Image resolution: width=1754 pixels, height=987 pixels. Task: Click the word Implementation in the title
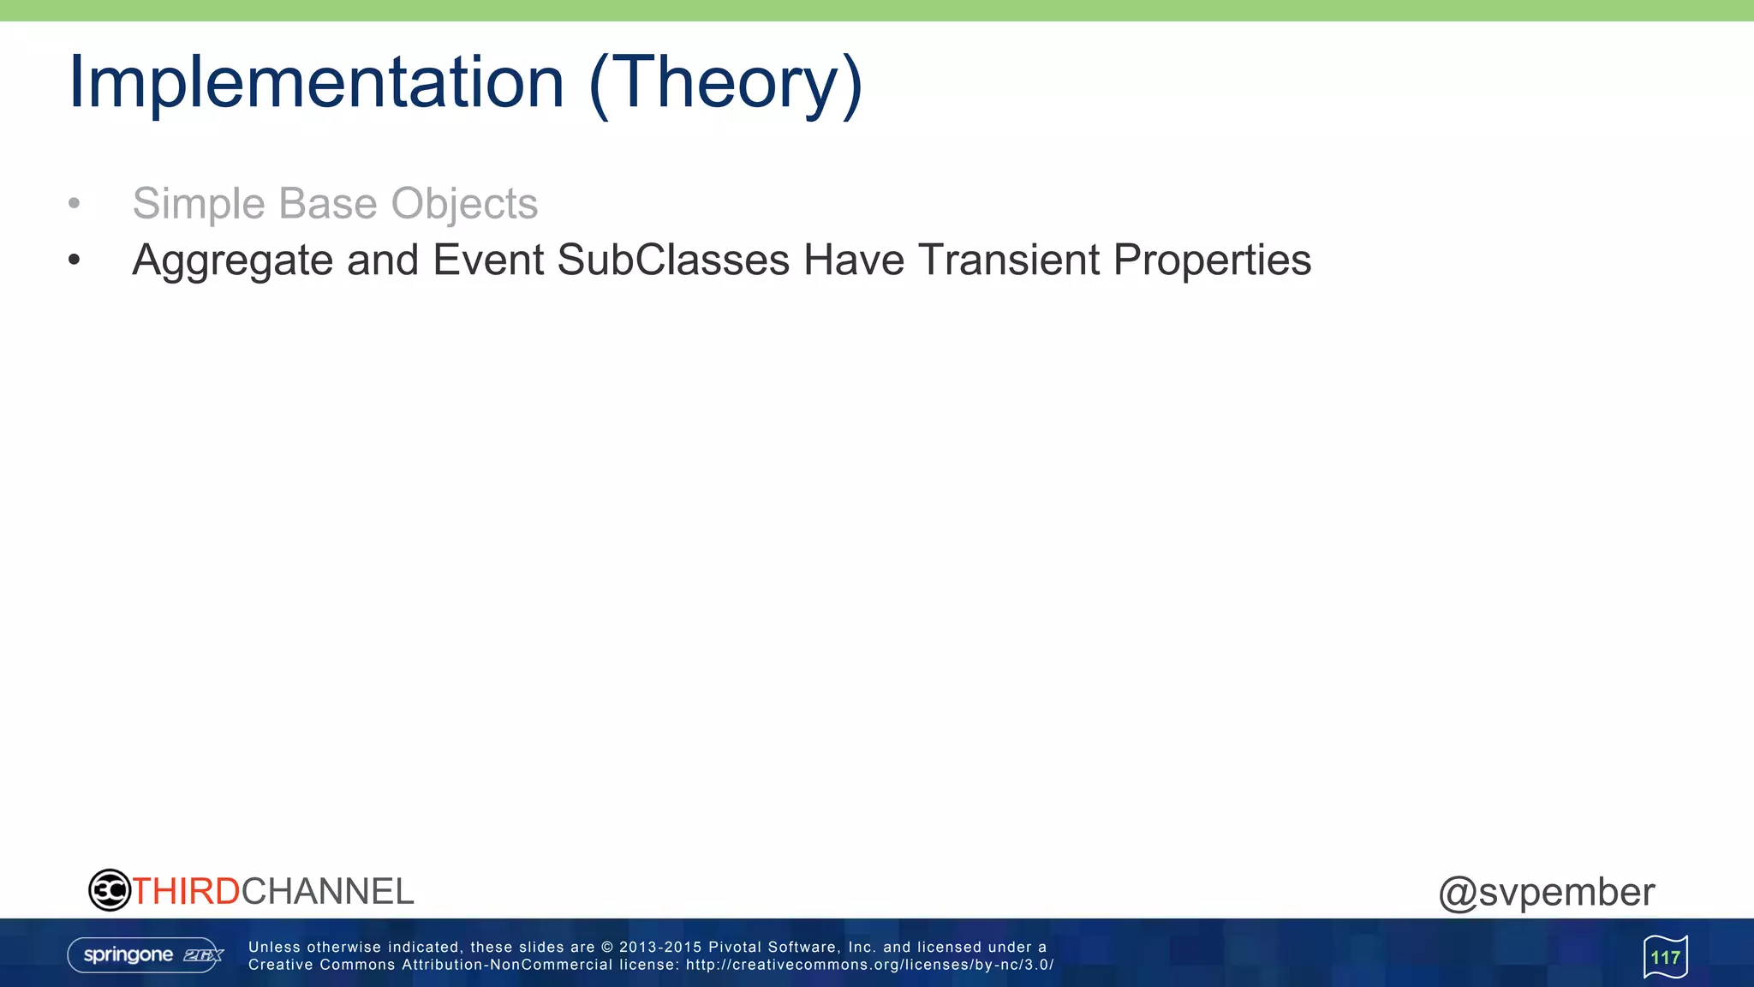click(x=316, y=82)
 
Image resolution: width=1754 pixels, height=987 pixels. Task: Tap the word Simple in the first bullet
click(x=200, y=204)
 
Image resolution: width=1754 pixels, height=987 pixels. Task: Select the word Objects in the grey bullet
click(x=464, y=204)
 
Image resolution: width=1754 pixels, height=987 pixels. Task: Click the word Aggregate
click(x=232, y=260)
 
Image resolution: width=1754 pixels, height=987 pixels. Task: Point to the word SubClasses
click(x=673, y=260)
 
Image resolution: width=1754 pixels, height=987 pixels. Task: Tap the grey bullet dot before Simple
click(x=75, y=204)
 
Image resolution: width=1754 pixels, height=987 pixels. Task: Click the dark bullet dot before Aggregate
click(x=75, y=260)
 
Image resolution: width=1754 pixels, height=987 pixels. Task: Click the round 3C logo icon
click(x=110, y=890)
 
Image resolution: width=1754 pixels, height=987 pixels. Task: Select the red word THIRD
click(x=186, y=892)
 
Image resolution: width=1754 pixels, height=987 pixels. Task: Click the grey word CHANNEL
click(x=328, y=892)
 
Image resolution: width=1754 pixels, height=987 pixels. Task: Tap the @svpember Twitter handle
click(x=1547, y=892)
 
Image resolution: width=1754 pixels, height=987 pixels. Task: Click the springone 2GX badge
click(x=146, y=955)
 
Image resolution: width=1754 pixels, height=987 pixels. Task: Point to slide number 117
click(x=1665, y=957)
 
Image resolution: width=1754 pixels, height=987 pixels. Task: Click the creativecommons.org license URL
click(x=869, y=965)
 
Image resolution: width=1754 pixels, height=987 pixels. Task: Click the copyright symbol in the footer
click(x=607, y=947)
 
